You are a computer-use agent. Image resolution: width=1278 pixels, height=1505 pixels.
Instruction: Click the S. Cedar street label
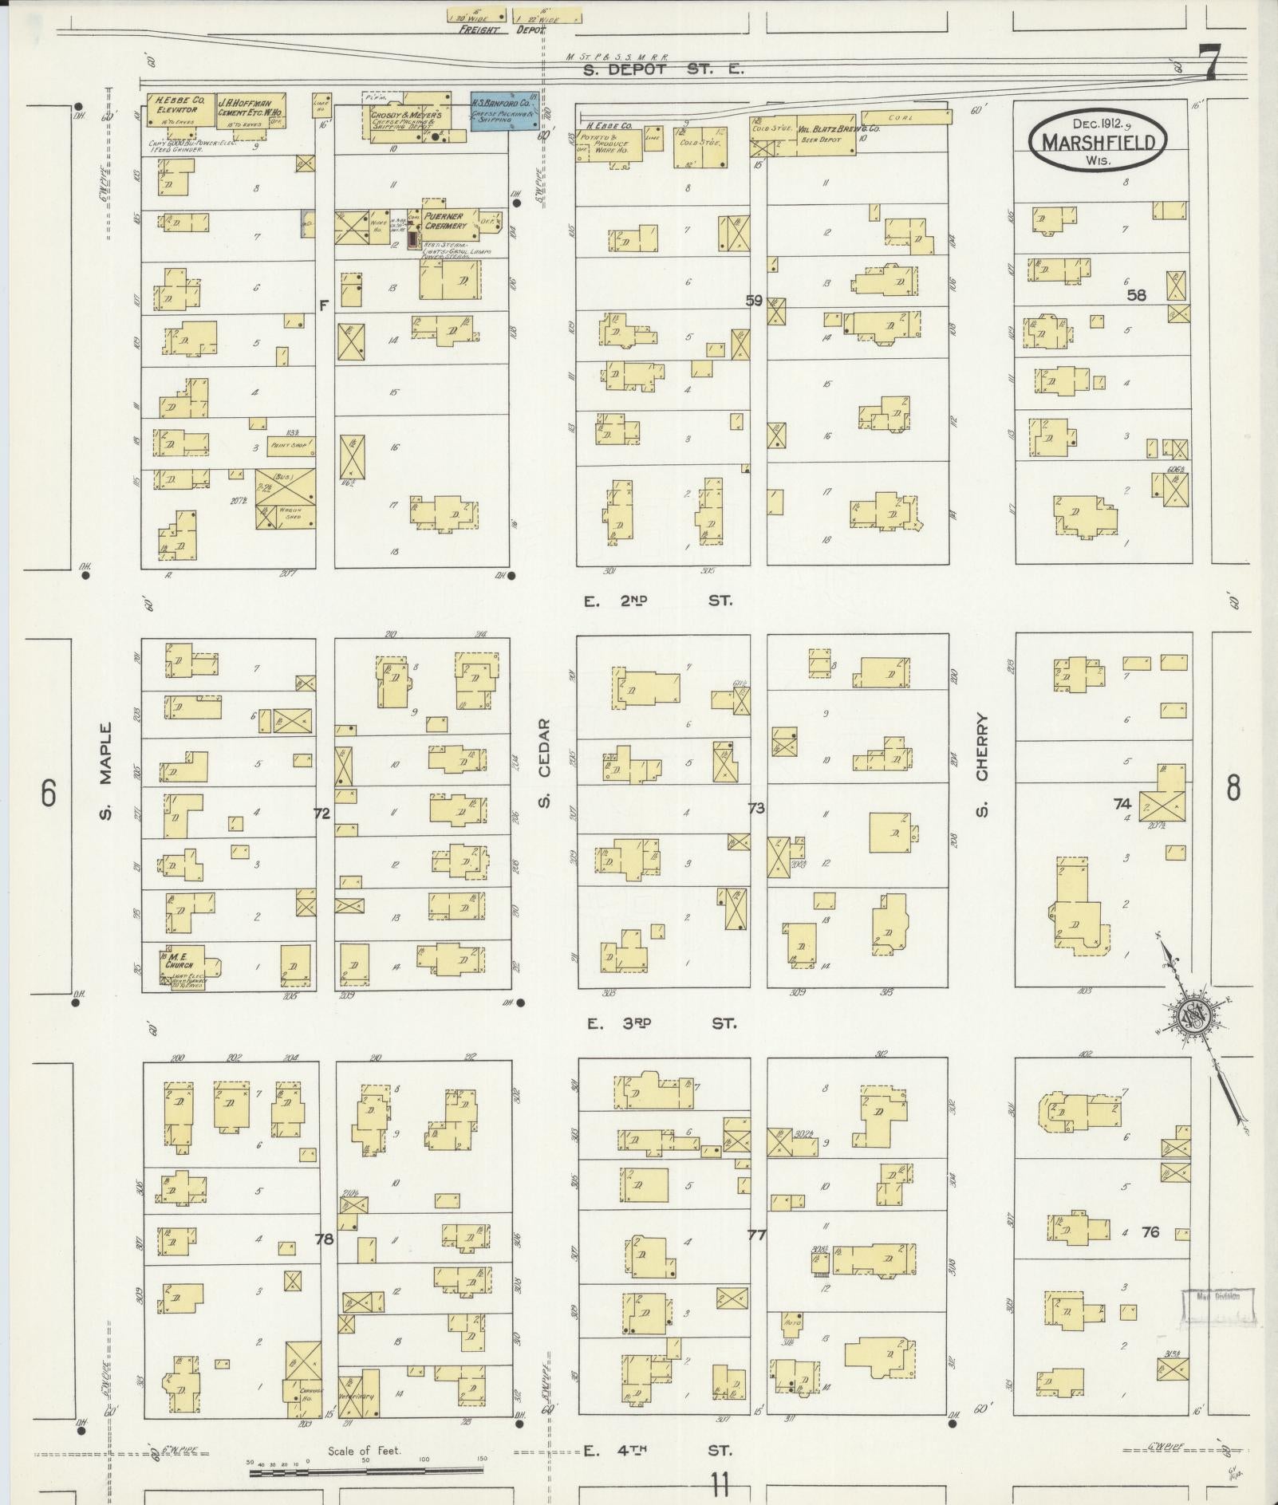545,762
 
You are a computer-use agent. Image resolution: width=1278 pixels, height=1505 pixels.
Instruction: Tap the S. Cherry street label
981,764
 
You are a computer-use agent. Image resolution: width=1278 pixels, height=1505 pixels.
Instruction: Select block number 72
322,813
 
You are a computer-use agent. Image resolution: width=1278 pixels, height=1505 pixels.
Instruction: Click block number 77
756,1235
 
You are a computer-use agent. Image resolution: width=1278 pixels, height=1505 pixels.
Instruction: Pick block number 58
1136,294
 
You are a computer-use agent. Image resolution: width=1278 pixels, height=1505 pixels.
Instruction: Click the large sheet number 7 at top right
1209,63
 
